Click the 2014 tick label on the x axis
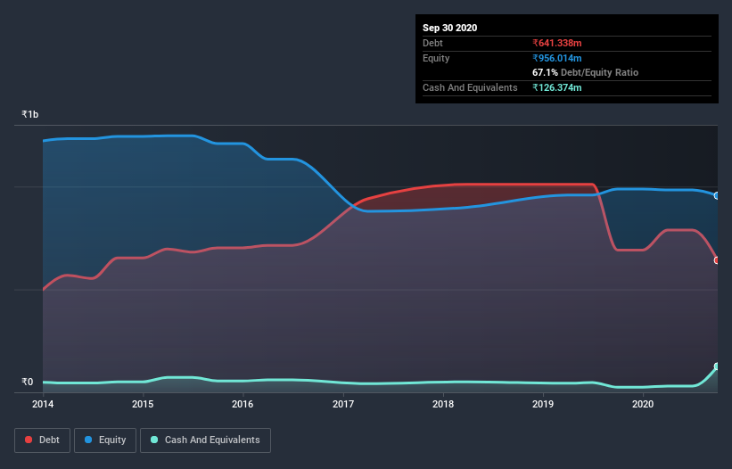click(x=43, y=404)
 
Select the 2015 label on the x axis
click(x=143, y=404)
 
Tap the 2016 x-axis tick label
click(x=243, y=404)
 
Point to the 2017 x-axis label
click(x=343, y=404)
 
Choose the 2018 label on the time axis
click(x=443, y=404)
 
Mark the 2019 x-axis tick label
click(x=543, y=404)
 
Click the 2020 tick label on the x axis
click(x=643, y=404)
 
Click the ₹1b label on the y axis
click(x=30, y=115)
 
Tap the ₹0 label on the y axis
click(x=27, y=383)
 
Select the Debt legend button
click(x=42, y=440)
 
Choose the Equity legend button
click(x=105, y=440)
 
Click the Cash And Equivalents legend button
click(x=205, y=440)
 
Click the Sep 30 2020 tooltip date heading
click(x=449, y=28)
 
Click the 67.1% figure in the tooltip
click(x=545, y=72)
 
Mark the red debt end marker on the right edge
click(x=717, y=260)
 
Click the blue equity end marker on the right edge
click(x=717, y=195)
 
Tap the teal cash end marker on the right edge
click(x=717, y=366)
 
